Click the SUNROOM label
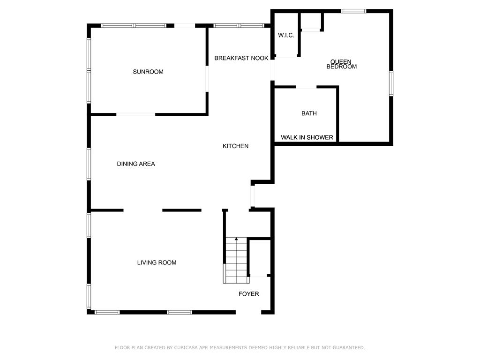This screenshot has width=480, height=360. tap(148, 72)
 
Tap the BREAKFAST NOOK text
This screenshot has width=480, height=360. tap(241, 58)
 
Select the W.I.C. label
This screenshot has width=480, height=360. tap(286, 35)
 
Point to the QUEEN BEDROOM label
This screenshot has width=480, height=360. tap(341, 64)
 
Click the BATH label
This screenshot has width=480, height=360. tap(309, 113)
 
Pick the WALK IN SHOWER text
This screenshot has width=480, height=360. tap(307, 137)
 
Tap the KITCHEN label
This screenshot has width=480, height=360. tap(235, 146)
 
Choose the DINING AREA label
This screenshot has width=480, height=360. tap(136, 164)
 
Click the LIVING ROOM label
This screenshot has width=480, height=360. tap(157, 262)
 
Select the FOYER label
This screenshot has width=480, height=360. tap(249, 294)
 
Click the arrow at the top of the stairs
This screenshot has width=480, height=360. tap(236, 239)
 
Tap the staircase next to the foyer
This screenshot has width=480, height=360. tap(236, 260)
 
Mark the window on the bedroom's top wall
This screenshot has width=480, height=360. tap(353, 11)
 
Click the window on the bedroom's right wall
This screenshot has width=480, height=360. tap(391, 83)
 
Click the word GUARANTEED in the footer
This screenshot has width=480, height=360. tap(349, 347)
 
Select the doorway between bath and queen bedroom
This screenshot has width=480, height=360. tap(306, 87)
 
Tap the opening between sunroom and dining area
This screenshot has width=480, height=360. tap(135, 114)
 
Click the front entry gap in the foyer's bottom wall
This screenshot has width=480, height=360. tap(248, 312)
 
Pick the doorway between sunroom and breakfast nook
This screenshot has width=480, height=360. tap(207, 79)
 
